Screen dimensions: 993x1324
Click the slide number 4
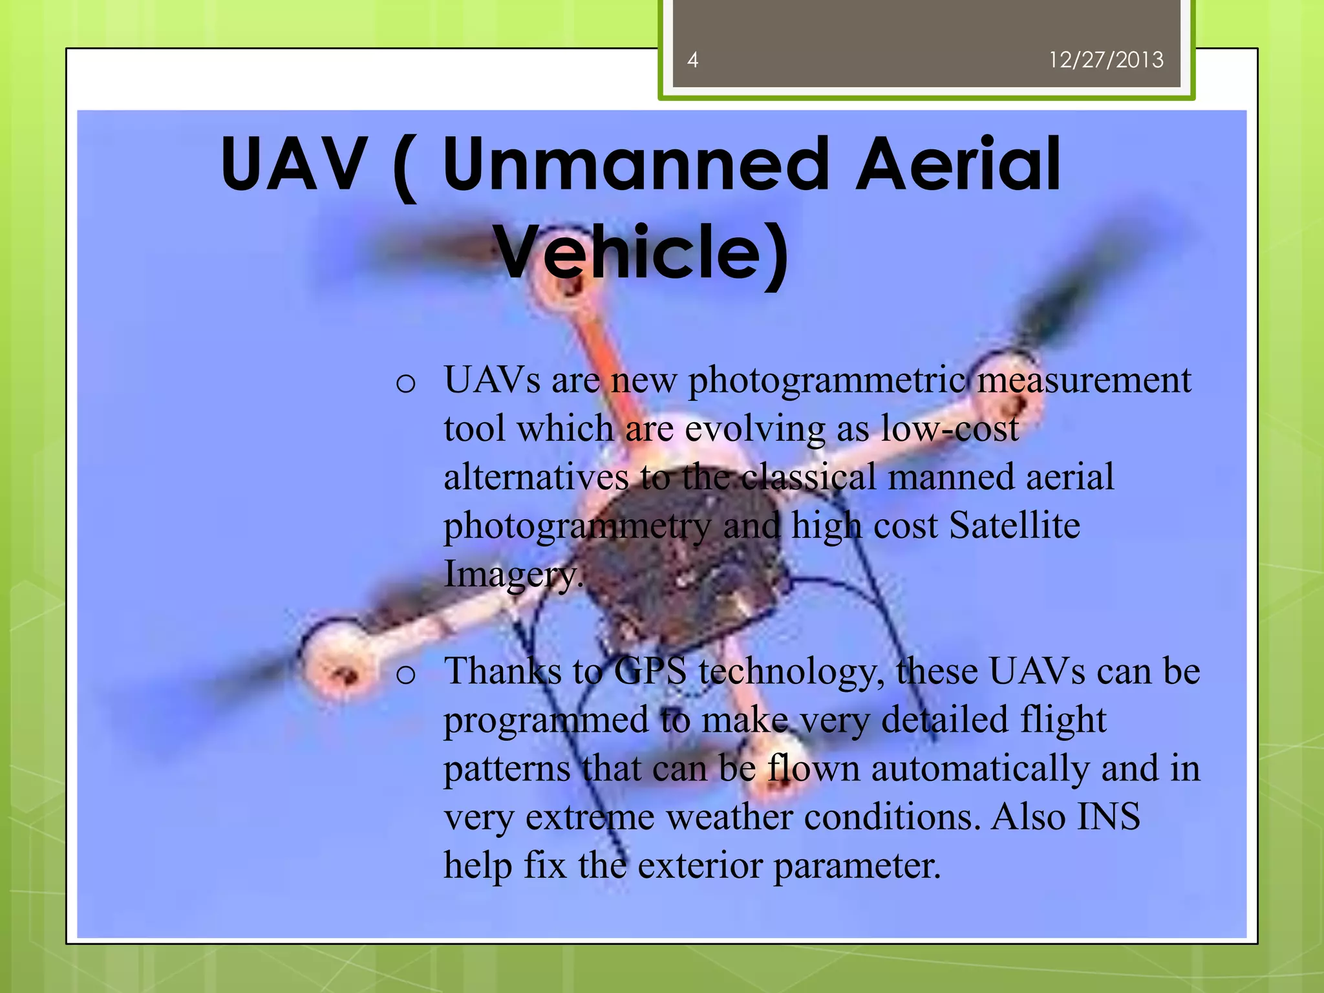pos(692,60)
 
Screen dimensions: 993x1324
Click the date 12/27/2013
pos(1105,60)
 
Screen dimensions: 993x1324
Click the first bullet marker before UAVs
pos(405,383)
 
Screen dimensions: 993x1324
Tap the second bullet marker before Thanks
pos(405,675)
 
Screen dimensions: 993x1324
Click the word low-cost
pos(950,429)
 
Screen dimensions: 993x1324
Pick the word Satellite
pos(1014,526)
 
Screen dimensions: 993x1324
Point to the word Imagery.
pos(513,574)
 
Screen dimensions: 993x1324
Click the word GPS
pos(650,672)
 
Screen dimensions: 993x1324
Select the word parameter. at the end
pos(857,866)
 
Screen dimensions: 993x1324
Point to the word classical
pos(808,478)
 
